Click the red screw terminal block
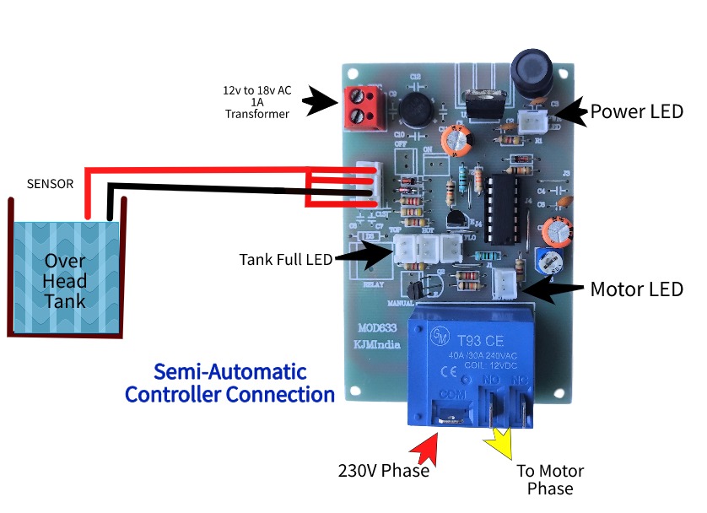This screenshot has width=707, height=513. coord(359,106)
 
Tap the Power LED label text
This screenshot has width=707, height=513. coord(635,111)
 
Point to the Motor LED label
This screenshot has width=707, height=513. coord(636,289)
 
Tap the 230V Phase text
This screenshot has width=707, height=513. coord(384,471)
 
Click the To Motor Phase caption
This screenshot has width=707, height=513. coord(550,479)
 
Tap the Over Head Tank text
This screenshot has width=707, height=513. coord(65,281)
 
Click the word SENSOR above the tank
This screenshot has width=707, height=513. coord(50,183)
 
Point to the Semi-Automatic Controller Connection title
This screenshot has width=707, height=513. coord(229,383)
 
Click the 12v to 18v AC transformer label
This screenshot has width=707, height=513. coord(256,101)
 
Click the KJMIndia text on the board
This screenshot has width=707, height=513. coord(375,344)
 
